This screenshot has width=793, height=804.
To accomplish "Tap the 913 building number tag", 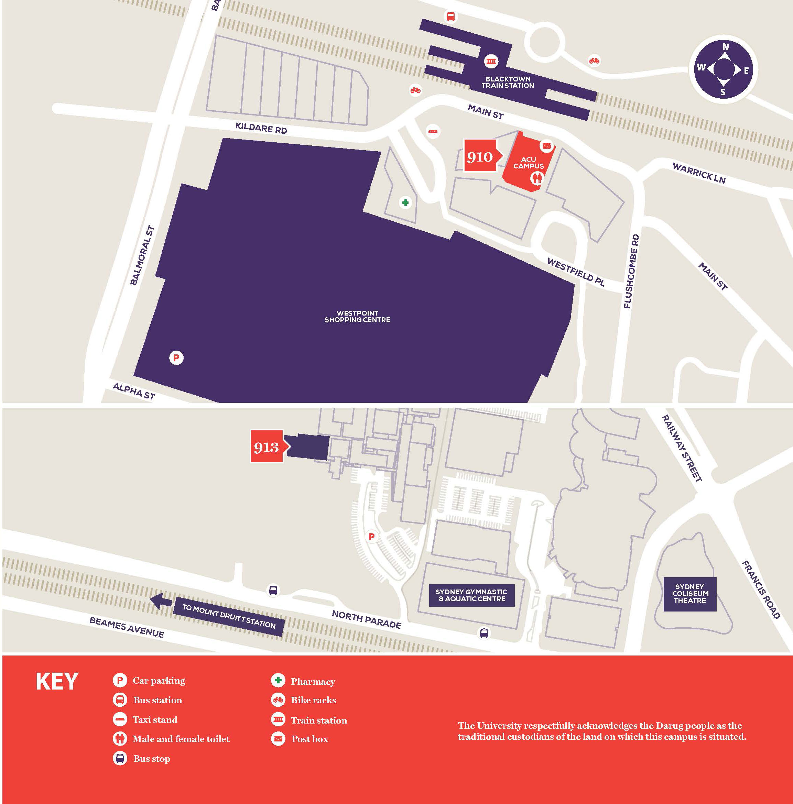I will pyautogui.click(x=267, y=447).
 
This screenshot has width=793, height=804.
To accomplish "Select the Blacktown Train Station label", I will pyautogui.click(x=508, y=82).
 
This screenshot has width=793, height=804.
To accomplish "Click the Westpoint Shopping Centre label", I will pyautogui.click(x=357, y=316).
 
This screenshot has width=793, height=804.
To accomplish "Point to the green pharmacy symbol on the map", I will pyautogui.click(x=405, y=203).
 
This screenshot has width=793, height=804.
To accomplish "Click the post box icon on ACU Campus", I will pyautogui.click(x=546, y=146).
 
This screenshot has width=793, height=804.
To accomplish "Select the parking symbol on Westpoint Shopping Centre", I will pyautogui.click(x=176, y=357).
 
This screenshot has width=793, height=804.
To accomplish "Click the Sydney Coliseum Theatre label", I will pyautogui.click(x=690, y=594).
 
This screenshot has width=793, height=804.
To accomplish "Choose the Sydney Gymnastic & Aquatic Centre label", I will pyautogui.click(x=471, y=595).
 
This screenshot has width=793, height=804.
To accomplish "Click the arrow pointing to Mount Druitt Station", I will pyautogui.click(x=160, y=601).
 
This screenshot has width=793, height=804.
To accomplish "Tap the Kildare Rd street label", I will pyautogui.click(x=261, y=128).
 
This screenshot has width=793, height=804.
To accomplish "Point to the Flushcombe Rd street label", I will pyautogui.click(x=631, y=271).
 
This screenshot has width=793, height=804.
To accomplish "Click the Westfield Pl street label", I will pyautogui.click(x=575, y=272).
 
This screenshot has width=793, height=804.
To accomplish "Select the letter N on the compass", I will pyautogui.click(x=726, y=47).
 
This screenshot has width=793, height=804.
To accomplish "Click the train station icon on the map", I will pyautogui.click(x=491, y=61).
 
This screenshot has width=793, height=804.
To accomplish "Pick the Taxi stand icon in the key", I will pyautogui.click(x=119, y=719).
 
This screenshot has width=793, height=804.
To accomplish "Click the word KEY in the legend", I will pyautogui.click(x=57, y=681).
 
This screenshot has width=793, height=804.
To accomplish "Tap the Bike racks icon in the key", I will pyautogui.click(x=278, y=700).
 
